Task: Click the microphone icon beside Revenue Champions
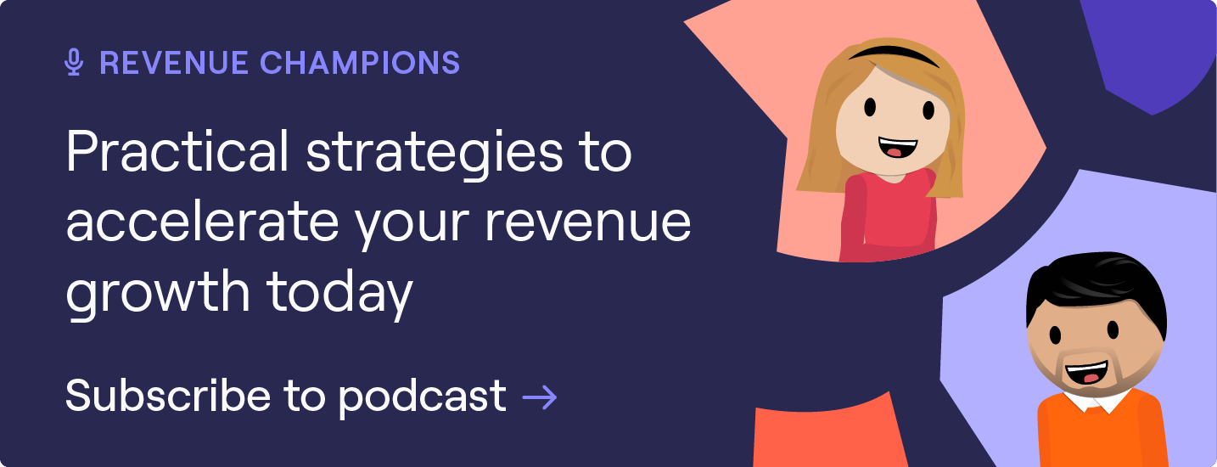tap(75, 63)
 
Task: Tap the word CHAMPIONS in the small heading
tap(360, 63)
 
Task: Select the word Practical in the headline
tap(177, 154)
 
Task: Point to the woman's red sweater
tap(891, 212)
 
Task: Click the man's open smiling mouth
tap(1089, 373)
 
